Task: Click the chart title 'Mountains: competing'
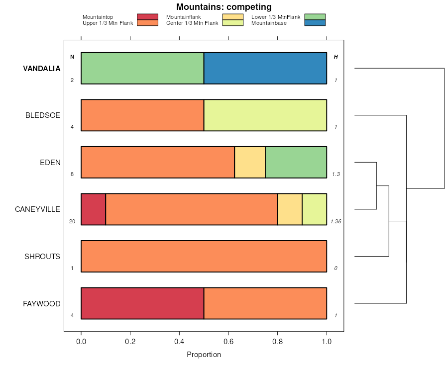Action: coord(224,7)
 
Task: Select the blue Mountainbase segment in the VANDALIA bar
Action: coord(265,68)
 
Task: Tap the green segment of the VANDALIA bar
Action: coord(142,68)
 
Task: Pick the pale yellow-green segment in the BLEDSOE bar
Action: coord(265,115)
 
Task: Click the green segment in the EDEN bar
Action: coord(296,162)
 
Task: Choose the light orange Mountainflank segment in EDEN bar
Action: coord(250,162)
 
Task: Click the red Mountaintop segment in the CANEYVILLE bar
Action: coord(93,209)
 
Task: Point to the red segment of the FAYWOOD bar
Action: coord(142,303)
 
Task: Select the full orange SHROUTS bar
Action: coord(204,256)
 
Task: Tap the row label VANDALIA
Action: coord(42,69)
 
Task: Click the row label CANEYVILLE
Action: coord(38,209)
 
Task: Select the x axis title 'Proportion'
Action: coord(204,355)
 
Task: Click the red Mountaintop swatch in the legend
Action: coord(147,17)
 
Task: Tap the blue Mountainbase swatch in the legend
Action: coord(315,23)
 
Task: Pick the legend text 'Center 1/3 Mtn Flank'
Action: coord(192,23)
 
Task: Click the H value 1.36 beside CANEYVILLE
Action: coord(336,221)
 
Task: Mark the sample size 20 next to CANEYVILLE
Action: coord(72,221)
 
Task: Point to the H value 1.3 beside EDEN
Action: coord(336,175)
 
